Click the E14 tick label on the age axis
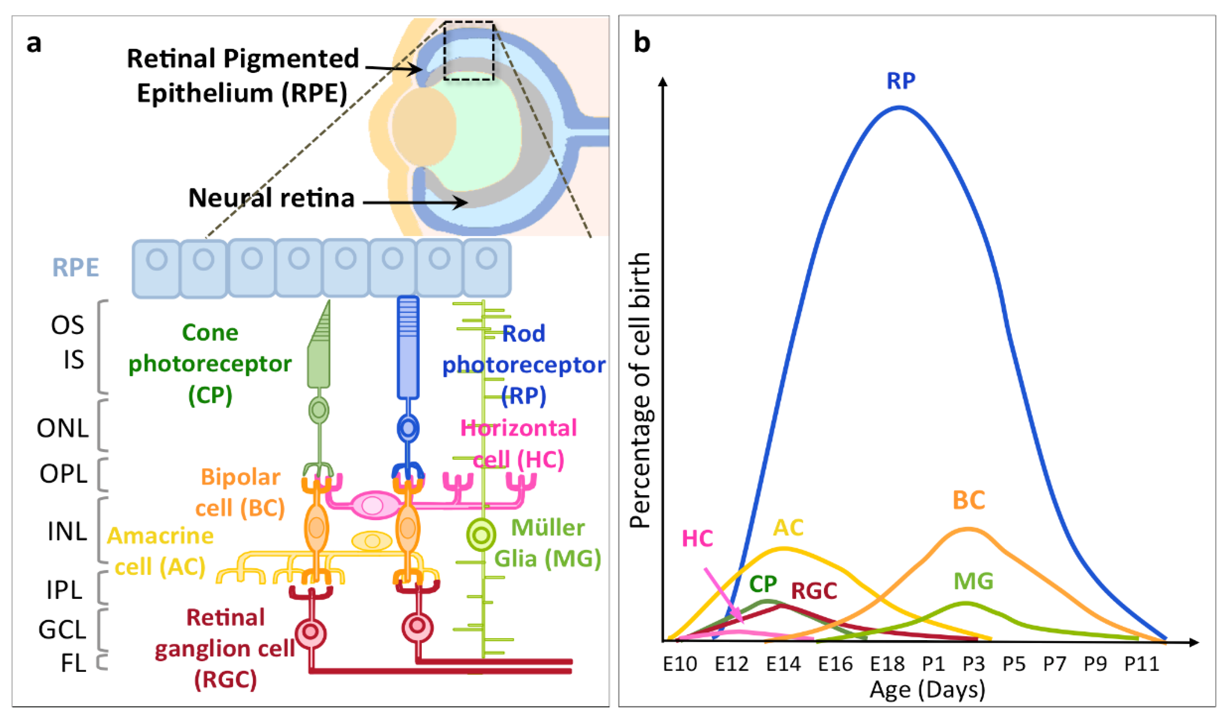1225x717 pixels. pos(783,663)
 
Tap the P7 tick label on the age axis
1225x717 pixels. pos(1054,663)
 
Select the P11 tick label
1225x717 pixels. pos(1142,663)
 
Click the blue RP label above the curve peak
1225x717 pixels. pos(901,81)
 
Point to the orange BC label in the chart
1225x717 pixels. pos(968,500)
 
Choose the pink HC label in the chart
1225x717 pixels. pos(697,539)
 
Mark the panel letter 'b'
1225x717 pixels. pos(642,43)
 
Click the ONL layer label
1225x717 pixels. pos(63,428)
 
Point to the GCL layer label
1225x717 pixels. pos(62,630)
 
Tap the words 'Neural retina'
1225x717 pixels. pos(271,198)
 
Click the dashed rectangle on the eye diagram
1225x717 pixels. pos(468,51)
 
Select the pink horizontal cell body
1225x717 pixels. pos(373,506)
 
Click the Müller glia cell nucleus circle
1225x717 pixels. pos(481,535)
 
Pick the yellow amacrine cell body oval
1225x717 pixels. pos(372,541)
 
